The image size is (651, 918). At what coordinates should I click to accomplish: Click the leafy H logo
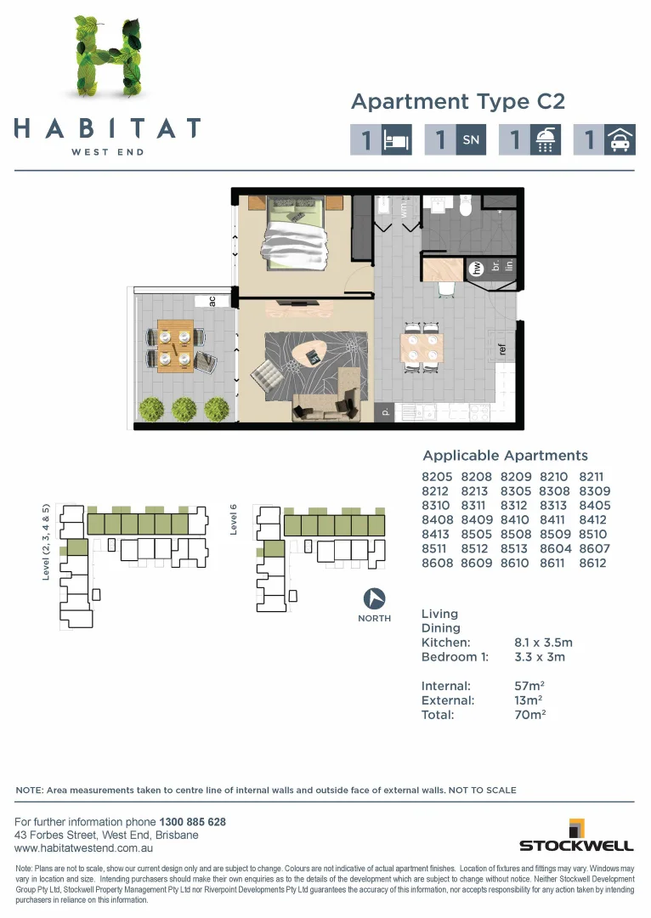tap(106, 58)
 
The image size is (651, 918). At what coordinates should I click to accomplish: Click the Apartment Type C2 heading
tap(457, 102)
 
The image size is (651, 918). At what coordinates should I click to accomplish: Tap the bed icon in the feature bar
tap(396, 140)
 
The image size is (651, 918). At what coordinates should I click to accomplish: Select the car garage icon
tap(619, 140)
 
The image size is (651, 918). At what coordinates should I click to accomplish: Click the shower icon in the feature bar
tap(544, 140)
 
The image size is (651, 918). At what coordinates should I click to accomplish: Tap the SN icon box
tap(470, 140)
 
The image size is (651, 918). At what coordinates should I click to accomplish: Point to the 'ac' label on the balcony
tap(212, 301)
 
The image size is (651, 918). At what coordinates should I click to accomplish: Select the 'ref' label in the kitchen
tap(502, 349)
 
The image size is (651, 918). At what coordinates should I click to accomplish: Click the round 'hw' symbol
tap(477, 269)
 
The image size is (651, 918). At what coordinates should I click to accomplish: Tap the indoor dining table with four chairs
tap(422, 348)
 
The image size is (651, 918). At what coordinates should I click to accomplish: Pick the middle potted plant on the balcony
tap(184, 409)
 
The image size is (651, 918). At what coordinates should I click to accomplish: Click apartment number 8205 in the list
tap(438, 477)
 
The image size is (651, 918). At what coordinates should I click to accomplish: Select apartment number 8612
tap(592, 563)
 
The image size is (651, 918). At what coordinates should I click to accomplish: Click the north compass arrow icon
tap(374, 598)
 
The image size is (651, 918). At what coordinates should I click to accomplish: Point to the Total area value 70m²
tap(530, 715)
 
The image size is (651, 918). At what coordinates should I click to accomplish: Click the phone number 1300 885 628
tap(192, 822)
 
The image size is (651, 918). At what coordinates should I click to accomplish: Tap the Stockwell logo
tap(576, 836)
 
